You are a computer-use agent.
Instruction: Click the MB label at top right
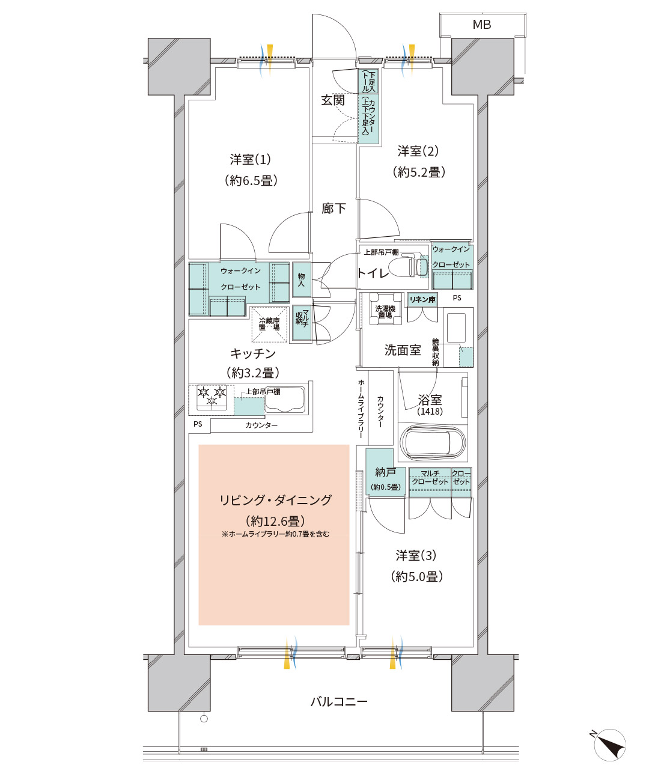[481, 25]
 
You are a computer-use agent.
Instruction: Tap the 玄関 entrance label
[332, 100]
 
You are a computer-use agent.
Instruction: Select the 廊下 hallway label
[334, 209]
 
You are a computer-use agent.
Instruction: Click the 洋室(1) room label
[250, 160]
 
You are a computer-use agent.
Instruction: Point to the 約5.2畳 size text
[419, 172]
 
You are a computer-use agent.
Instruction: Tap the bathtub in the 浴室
[433, 443]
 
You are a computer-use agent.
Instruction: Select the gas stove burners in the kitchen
[212, 397]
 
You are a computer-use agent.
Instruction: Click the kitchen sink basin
[285, 400]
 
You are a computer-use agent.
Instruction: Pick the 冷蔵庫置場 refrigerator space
[269, 325]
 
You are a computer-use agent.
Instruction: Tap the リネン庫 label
[422, 299]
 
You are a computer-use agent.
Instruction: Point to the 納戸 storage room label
[385, 472]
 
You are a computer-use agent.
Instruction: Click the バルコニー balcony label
[339, 701]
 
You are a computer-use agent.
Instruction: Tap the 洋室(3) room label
[416, 556]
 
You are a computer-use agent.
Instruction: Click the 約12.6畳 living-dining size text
[275, 521]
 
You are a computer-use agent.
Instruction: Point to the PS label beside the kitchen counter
[198, 424]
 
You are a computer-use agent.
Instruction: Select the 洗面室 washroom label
[402, 350]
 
